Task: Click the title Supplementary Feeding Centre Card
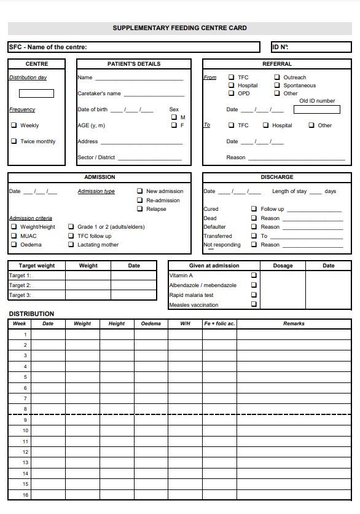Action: pos(179,28)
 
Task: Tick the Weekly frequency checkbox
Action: pos(14,125)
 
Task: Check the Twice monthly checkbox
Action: pos(14,141)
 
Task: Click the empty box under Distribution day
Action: pos(36,93)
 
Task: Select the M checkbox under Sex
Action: pos(174,117)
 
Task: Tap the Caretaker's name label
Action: pos(99,93)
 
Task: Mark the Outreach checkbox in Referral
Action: pos(277,77)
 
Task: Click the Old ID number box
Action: pos(316,109)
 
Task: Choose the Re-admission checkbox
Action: pos(140,200)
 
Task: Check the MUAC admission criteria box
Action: pos(14,236)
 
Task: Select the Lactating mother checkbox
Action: pos(71,245)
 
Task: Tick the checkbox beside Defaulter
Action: pos(254,227)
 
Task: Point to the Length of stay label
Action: pos(289,191)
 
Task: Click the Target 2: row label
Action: pos(20,285)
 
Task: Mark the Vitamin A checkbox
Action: pos(254,275)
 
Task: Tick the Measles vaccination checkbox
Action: pos(254,304)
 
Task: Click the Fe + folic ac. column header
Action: pos(219,323)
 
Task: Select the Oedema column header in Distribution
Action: pos(151,323)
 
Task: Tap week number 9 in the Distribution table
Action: pos(25,420)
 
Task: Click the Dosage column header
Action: pos(283,266)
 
